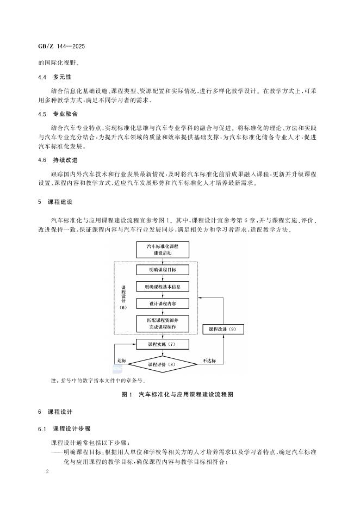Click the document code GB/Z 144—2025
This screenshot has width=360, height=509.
point(61,47)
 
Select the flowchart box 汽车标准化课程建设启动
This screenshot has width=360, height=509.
point(163,250)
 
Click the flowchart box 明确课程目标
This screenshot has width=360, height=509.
point(163,270)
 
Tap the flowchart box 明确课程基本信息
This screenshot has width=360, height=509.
point(163,286)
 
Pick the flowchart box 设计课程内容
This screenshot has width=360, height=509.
point(163,302)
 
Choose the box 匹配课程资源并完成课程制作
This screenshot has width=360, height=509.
point(163,322)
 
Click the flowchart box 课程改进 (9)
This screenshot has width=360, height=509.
point(223,329)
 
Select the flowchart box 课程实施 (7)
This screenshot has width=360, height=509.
point(163,344)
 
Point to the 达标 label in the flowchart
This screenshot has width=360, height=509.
point(122,359)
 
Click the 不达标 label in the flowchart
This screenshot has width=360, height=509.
point(209,359)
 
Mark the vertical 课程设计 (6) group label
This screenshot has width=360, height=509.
point(123,296)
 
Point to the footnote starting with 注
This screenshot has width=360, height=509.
point(93,381)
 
